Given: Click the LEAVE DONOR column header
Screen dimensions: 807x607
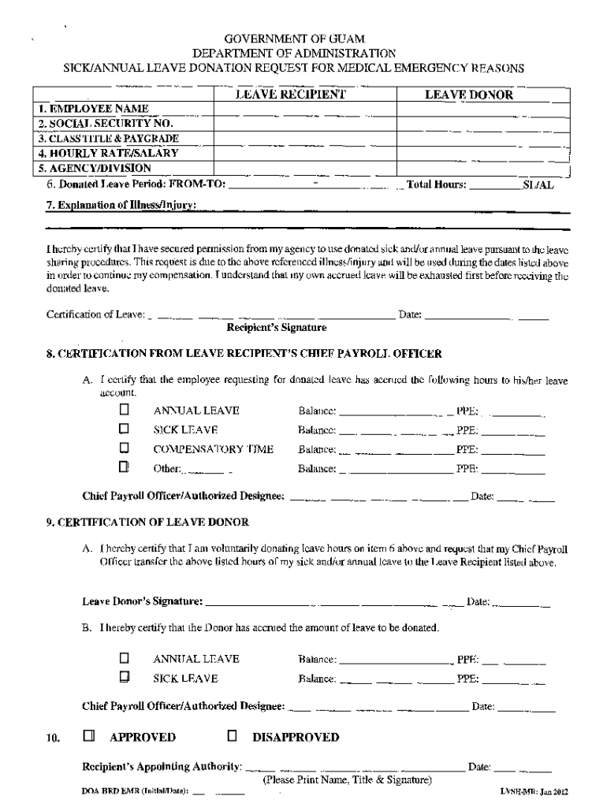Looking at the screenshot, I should coord(469,95).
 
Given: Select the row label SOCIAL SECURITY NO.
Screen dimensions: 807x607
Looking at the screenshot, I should coord(105,123).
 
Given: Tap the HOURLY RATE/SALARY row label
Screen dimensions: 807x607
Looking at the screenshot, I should coord(108,153).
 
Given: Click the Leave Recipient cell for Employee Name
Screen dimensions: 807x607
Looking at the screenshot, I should coord(304,109).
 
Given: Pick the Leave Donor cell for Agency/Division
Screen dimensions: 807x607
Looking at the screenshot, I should coord(482,168).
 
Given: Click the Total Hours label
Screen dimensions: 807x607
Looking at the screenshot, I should coord(436,186).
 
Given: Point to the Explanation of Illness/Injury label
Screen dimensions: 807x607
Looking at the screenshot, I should coord(121,206).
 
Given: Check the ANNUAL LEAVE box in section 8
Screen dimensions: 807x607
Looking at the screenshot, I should coord(124,411).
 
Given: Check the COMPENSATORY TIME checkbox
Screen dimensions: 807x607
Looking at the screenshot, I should coord(124,449).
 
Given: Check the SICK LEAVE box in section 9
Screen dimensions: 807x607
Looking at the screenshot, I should coord(124,677).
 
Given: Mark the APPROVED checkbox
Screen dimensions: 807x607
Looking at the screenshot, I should coord(89,737).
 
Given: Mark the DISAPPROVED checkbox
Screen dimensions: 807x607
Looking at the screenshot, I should coord(233,737).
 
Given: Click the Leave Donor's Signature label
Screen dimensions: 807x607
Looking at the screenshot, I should coord(143,602).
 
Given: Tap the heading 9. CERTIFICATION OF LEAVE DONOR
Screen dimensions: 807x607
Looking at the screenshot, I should coord(147,522).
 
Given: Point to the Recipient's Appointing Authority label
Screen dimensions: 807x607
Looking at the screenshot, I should coord(162,767).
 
